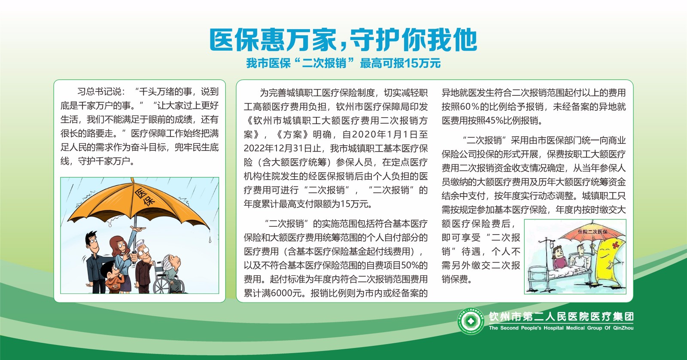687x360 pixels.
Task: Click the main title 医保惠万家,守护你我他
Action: tap(343, 40)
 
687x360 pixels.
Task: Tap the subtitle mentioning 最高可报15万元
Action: tap(343, 63)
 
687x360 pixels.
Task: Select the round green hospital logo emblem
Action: tap(471, 321)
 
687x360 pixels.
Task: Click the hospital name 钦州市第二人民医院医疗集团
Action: tap(561, 317)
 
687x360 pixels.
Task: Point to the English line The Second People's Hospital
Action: tap(561, 328)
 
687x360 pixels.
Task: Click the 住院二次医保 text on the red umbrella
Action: tap(593, 232)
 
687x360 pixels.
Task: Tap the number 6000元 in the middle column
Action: tap(287, 293)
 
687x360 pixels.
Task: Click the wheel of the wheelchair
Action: tap(161, 284)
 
